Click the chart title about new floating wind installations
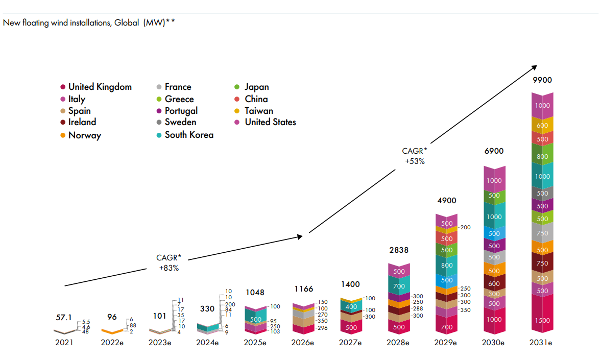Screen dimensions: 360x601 click(89, 22)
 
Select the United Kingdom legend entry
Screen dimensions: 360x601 click(100, 87)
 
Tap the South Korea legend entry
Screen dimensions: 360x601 click(188, 135)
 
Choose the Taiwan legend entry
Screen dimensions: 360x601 click(258, 111)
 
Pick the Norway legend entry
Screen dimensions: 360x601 click(84, 135)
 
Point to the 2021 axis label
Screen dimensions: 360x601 click(64, 343)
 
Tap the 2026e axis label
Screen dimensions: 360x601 click(303, 343)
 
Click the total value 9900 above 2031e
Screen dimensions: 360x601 click(542, 80)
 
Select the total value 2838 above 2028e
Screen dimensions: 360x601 click(399, 250)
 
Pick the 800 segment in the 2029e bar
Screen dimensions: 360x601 click(447, 266)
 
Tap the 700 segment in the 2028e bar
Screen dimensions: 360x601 click(399, 287)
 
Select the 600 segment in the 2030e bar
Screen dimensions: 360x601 click(494, 284)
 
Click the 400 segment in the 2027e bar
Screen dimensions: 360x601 click(351, 307)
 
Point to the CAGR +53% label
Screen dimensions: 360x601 click(415, 155)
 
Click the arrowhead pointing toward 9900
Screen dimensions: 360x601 click(534, 67)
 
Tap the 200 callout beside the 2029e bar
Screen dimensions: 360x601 click(465, 227)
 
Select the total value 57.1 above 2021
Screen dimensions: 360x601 click(64, 318)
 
